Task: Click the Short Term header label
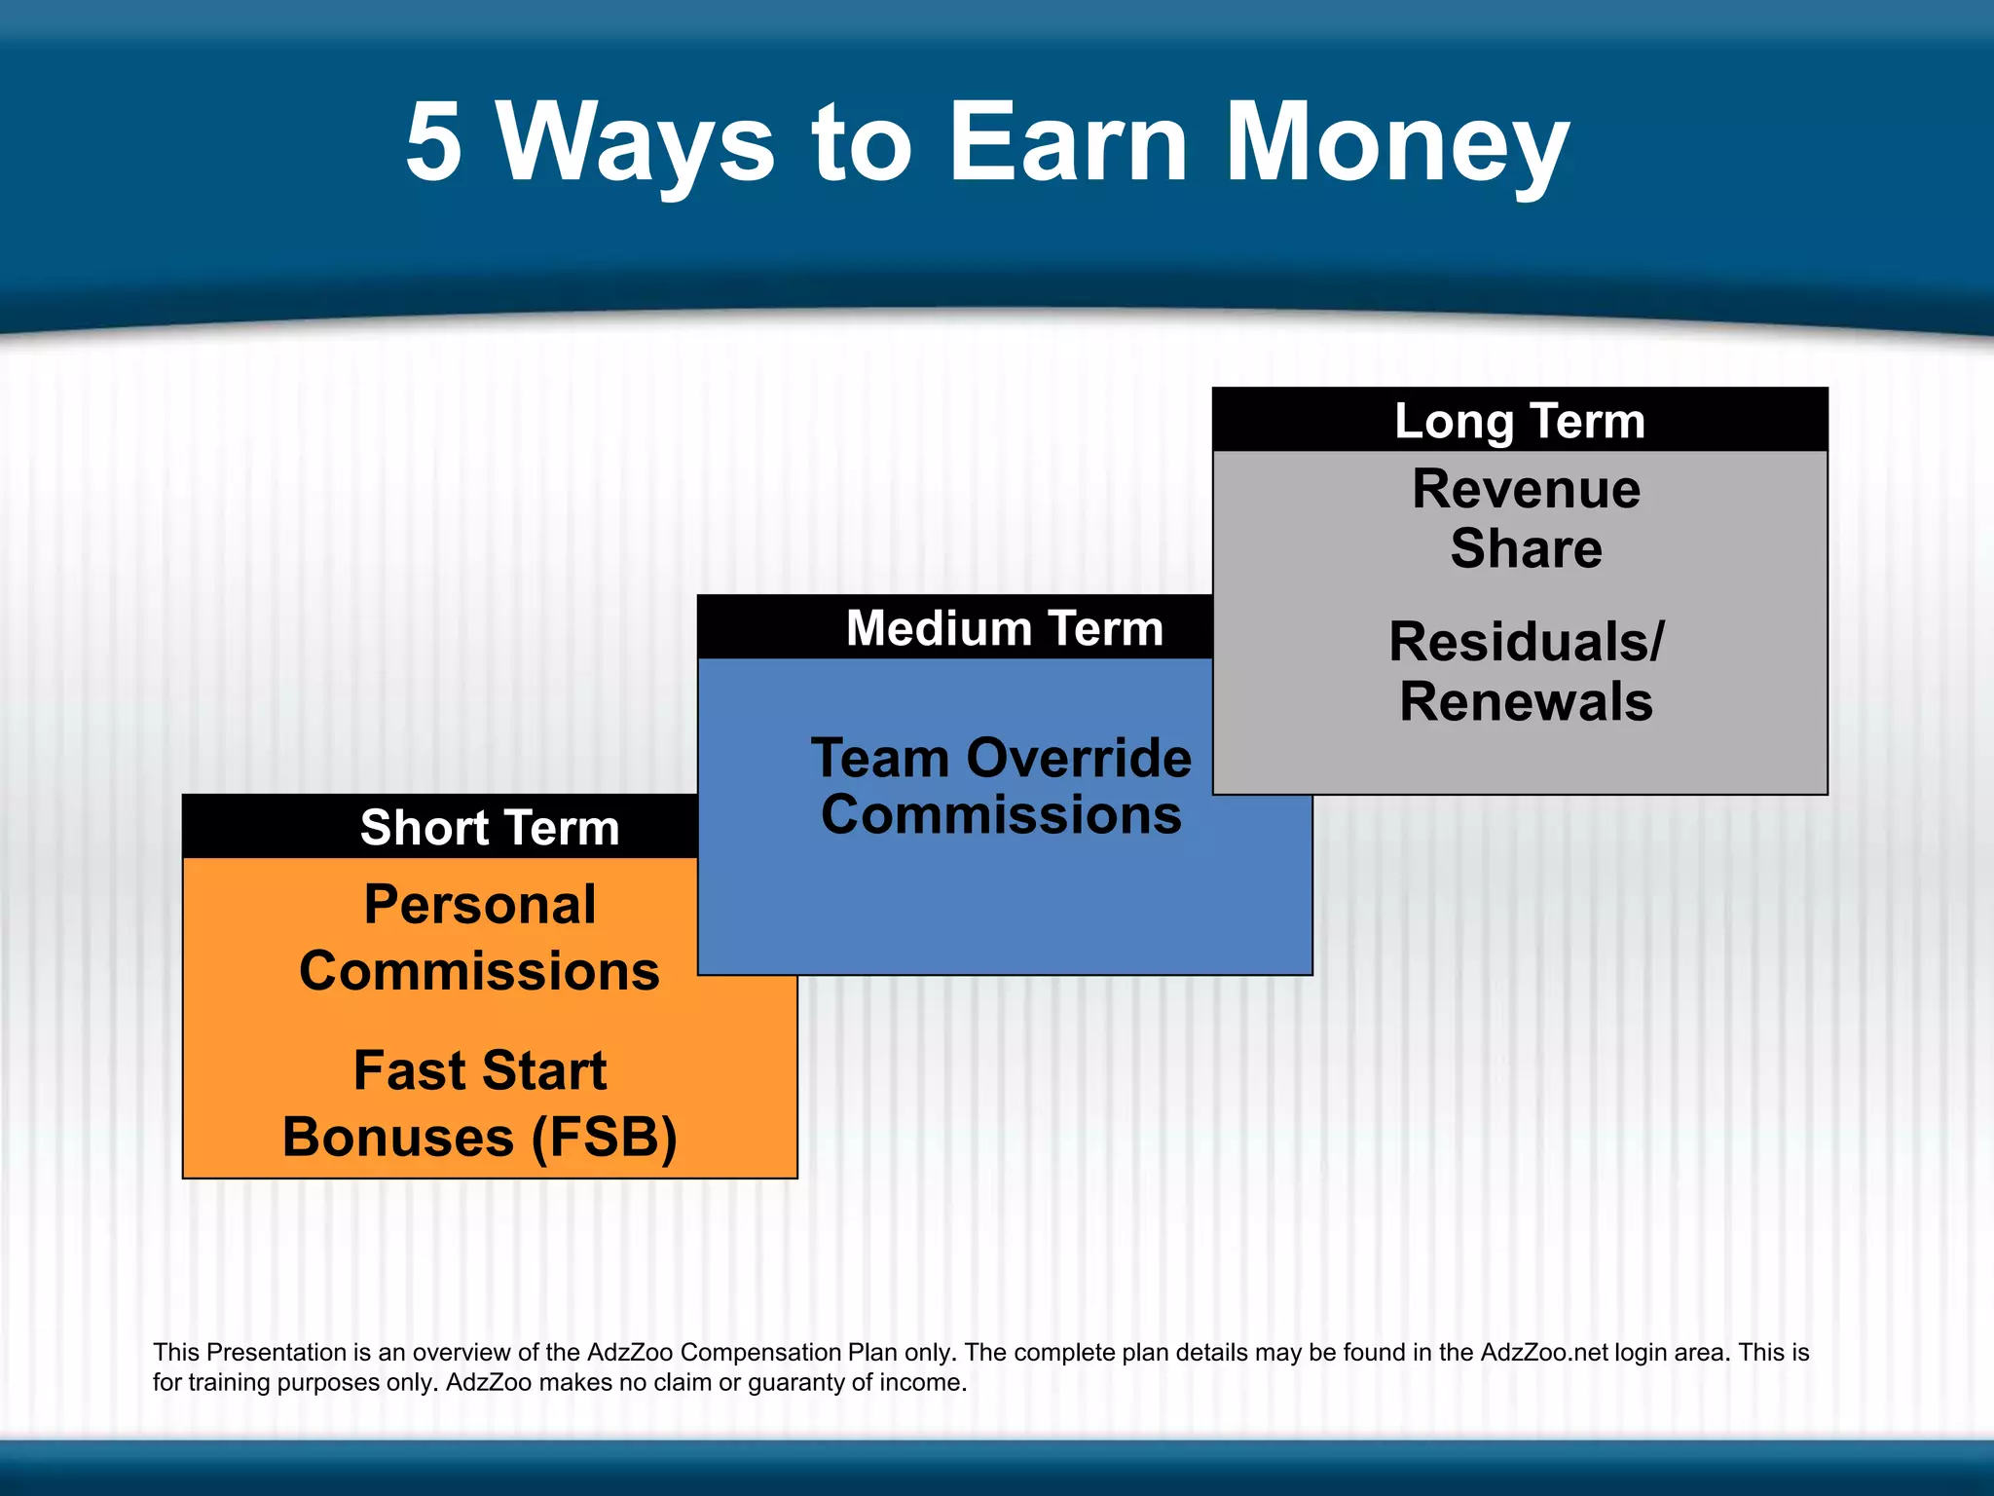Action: pyautogui.click(x=490, y=827)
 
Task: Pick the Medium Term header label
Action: pyautogui.click(x=1005, y=627)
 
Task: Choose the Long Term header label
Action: pyautogui.click(x=1520, y=421)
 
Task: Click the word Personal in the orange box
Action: pyautogui.click(x=480, y=904)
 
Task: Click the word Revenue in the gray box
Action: pyautogui.click(x=1526, y=488)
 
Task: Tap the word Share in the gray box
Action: pyautogui.click(x=1526, y=547)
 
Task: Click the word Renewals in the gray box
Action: pyautogui.click(x=1526, y=701)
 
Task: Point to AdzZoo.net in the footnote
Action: pyautogui.click(x=1544, y=1352)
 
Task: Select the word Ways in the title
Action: pyautogui.click(x=638, y=144)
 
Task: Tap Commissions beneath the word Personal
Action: pyautogui.click(x=480, y=971)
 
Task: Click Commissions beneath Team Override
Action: pyautogui.click(x=1001, y=814)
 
